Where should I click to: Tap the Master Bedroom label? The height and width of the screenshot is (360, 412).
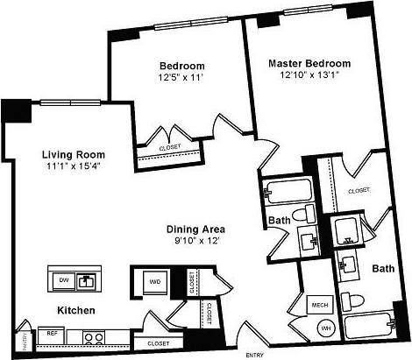tap(309, 63)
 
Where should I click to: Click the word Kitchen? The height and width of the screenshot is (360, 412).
tap(76, 311)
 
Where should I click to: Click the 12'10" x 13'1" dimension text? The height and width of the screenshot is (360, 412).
tap(309, 75)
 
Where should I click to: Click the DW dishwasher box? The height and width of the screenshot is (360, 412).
tap(63, 280)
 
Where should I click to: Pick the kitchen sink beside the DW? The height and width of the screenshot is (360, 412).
tap(87, 281)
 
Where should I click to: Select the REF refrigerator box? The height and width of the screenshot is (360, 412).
tap(53, 333)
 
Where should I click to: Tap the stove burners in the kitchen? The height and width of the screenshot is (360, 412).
tap(93, 335)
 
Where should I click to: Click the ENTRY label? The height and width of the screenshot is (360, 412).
tap(255, 355)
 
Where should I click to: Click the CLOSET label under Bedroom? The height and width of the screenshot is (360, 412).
tap(170, 148)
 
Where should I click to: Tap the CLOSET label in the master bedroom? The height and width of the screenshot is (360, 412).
tap(358, 190)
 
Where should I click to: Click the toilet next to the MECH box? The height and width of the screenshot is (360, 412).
tap(354, 300)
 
